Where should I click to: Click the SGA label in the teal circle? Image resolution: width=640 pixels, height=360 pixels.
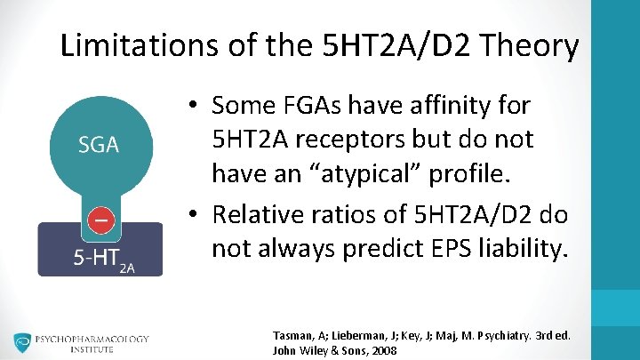click(x=99, y=145)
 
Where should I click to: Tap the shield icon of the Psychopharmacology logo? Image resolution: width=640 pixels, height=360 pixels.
click(x=22, y=343)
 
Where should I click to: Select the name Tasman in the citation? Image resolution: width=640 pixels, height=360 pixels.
click(x=294, y=335)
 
